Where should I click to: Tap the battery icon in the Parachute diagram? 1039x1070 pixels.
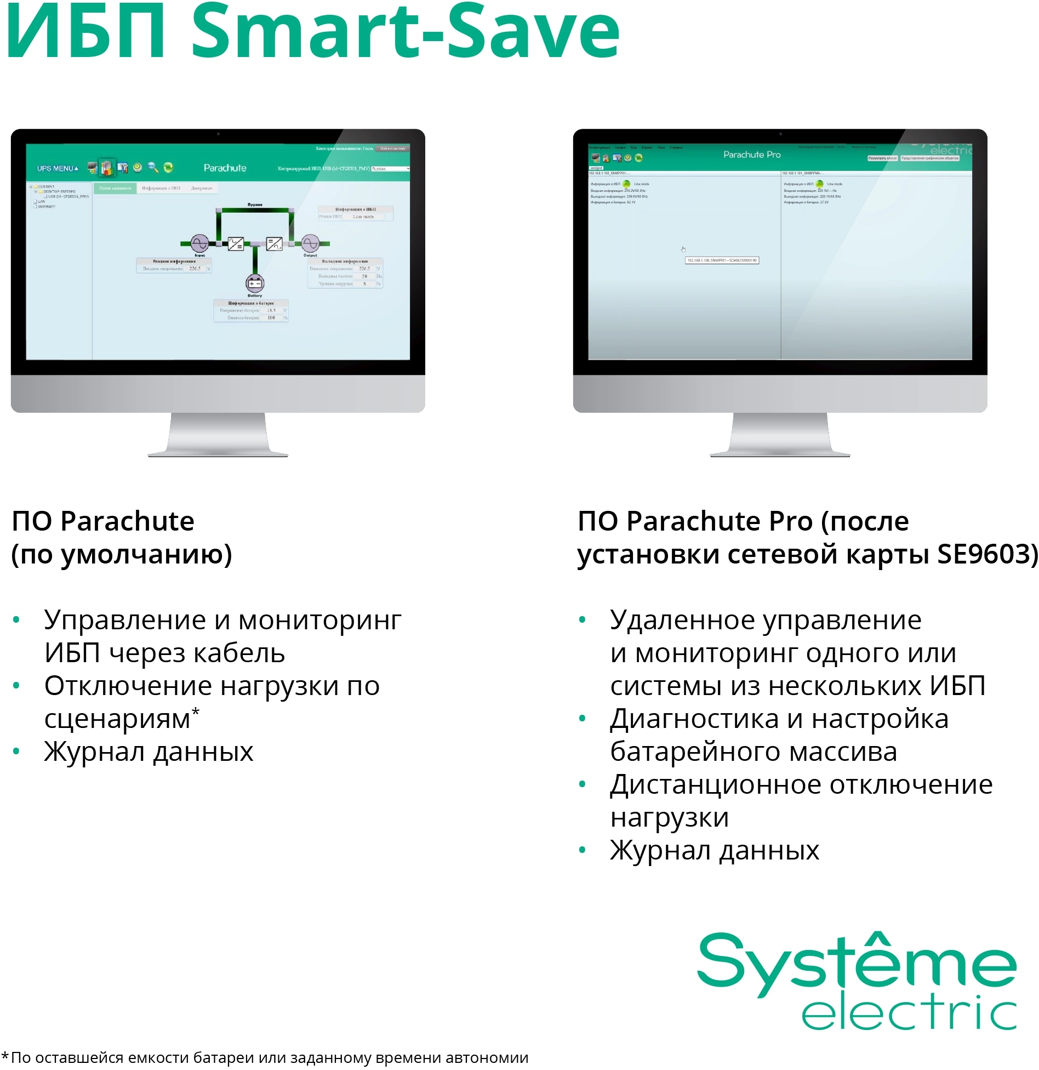click(255, 283)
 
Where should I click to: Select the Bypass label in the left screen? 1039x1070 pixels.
click(255, 204)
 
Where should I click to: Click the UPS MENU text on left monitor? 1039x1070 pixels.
click(57, 168)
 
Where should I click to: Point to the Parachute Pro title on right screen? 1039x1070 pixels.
click(752, 155)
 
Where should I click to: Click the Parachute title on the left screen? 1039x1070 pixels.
click(225, 168)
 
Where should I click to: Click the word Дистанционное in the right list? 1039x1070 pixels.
click(715, 784)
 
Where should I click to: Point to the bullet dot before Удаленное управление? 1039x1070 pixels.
click(582, 620)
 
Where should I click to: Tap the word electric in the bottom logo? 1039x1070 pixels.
click(909, 1015)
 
